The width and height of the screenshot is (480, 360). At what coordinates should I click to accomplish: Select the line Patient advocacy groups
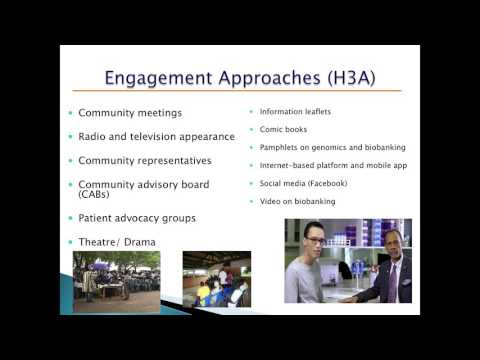[136, 217]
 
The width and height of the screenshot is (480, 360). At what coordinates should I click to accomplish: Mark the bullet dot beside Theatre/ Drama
[70, 242]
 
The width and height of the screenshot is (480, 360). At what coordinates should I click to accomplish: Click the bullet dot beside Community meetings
[70, 112]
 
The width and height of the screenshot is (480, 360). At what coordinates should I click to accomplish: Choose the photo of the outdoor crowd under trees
[118, 282]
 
